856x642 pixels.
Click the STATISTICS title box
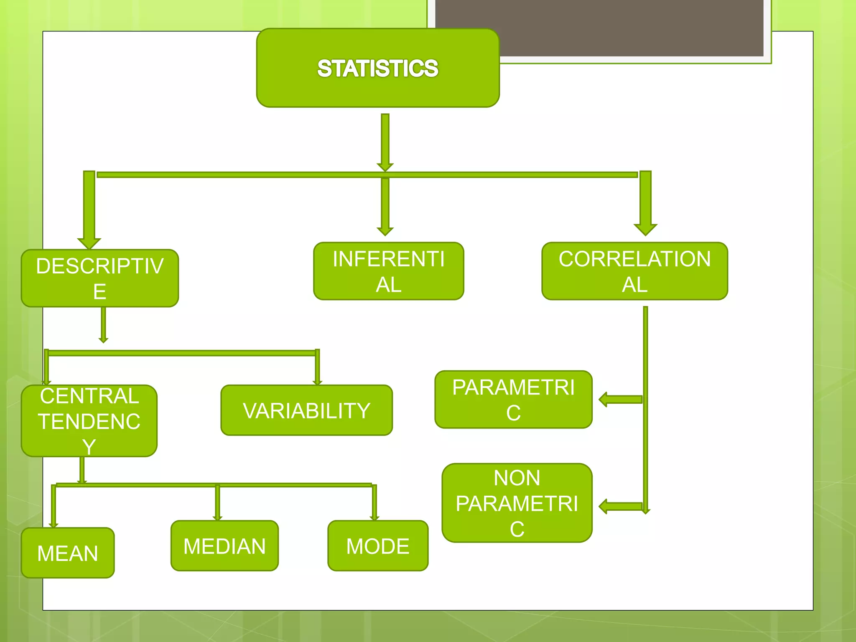(378, 68)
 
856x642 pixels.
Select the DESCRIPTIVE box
(100, 278)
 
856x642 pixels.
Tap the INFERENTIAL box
(389, 271)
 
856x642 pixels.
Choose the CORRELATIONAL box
(634, 271)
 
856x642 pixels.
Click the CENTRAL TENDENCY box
(89, 421)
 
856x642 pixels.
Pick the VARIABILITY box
(306, 410)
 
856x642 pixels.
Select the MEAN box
(68, 553)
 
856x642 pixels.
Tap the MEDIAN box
(224, 546)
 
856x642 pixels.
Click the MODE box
(378, 546)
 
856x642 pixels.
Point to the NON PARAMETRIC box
(517, 503)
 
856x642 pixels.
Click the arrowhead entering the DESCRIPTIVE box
(89, 243)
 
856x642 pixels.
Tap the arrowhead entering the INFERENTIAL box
(385, 231)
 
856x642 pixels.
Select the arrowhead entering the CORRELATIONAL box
(645, 229)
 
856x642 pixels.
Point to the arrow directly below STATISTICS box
(385, 142)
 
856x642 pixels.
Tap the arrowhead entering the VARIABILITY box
(317, 381)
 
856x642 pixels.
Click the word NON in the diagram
(517, 478)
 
